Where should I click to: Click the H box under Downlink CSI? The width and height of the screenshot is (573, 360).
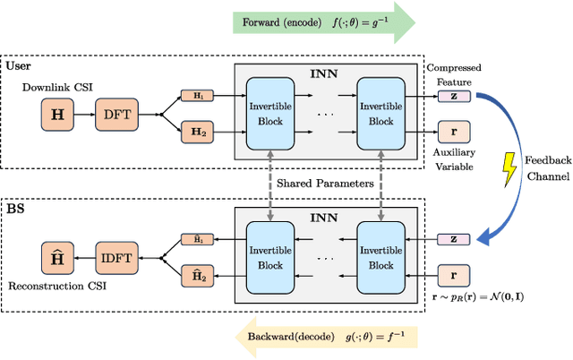tap(58, 116)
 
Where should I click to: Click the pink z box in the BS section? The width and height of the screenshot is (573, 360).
tap(453, 239)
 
